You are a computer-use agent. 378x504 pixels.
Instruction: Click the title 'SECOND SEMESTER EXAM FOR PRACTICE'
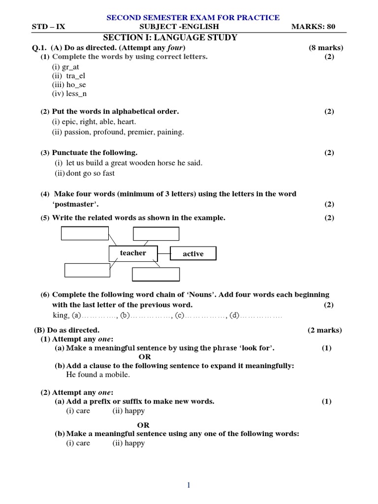point(193,18)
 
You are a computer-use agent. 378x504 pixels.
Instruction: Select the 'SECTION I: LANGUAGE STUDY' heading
point(170,37)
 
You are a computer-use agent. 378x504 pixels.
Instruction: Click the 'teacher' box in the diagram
point(133,253)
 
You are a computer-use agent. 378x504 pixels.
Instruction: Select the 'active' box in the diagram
point(193,254)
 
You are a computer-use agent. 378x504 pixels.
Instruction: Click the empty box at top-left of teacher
point(85,233)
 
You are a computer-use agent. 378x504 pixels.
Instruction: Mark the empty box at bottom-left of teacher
point(87,270)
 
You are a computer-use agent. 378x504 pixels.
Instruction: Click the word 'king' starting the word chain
point(60,315)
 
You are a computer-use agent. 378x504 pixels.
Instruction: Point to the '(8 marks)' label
point(326,48)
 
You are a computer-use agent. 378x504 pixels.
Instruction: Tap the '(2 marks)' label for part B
point(325,330)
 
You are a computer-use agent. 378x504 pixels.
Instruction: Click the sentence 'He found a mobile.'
point(98,375)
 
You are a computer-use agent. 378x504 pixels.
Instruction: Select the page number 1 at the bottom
point(189,485)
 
